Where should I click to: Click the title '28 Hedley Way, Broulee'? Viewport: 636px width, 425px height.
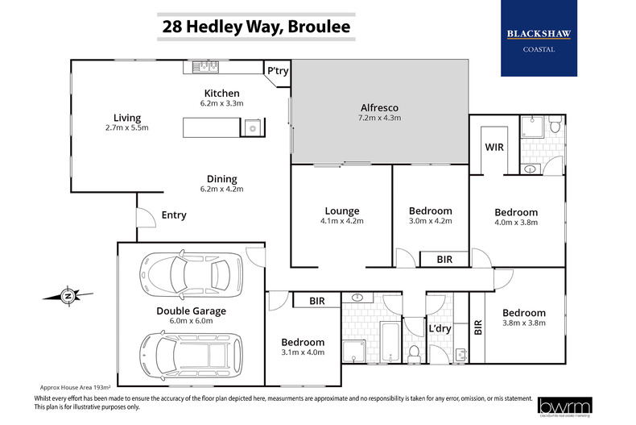pos(256,26)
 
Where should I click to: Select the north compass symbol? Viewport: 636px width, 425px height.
pos(68,296)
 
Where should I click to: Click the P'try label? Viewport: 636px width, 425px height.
pos(279,71)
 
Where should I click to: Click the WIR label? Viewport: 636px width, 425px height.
pos(494,148)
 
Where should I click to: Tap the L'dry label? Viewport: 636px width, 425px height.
pos(440,328)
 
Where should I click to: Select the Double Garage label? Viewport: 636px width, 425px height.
pos(192,310)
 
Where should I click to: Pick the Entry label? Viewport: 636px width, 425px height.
pos(174,215)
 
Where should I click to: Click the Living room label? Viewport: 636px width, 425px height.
pos(126,118)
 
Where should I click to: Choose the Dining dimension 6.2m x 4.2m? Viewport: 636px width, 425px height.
pos(221,189)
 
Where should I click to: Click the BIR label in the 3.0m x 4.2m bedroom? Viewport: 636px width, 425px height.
pos(444,259)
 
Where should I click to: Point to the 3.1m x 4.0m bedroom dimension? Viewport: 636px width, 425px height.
pos(304,352)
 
